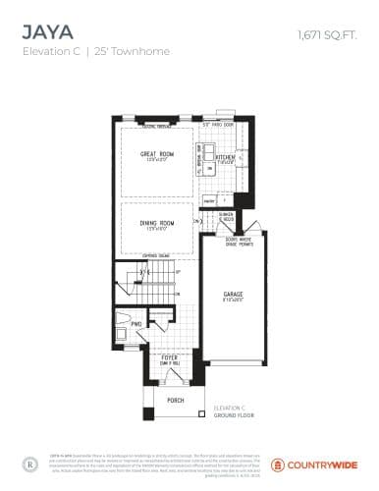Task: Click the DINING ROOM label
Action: tap(157, 224)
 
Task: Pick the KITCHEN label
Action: tap(225, 156)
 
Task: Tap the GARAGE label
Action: tap(233, 294)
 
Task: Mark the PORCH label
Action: tap(175, 401)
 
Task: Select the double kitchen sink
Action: tap(209, 153)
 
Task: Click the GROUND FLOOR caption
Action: tap(232, 415)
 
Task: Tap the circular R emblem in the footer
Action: tap(29, 462)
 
